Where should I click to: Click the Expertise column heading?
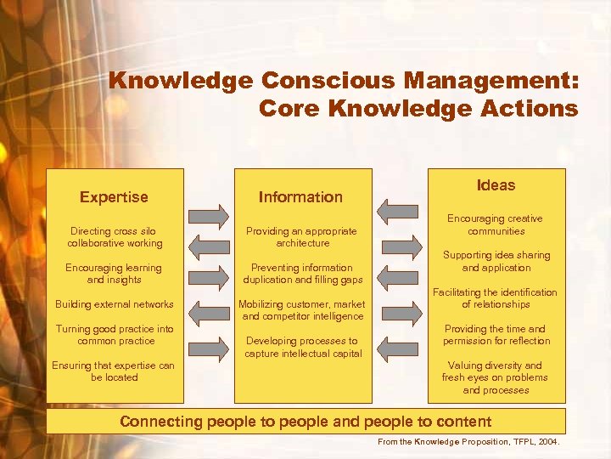pos(114,197)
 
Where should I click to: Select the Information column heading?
pos(300,197)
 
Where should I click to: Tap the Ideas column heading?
pos(496,185)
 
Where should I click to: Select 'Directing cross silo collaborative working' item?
pos(115,237)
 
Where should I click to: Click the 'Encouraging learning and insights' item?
pos(115,274)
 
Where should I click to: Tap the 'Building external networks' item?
pos(115,304)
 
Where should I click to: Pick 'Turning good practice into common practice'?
pos(115,335)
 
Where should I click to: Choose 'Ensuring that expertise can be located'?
pos(115,371)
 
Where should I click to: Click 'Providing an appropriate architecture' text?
pos(302,237)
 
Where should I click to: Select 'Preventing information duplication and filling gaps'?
pos(302,274)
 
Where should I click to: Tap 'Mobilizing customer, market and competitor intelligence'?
pos(302,310)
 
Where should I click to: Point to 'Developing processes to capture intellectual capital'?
pos(302,347)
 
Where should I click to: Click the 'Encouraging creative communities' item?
pos(496,224)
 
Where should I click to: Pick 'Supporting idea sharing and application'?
pos(496,261)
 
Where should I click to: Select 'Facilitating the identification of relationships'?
pos(496,298)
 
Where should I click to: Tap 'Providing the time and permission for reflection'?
pos(496,335)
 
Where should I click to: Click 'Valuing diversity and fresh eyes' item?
pos(496,377)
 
